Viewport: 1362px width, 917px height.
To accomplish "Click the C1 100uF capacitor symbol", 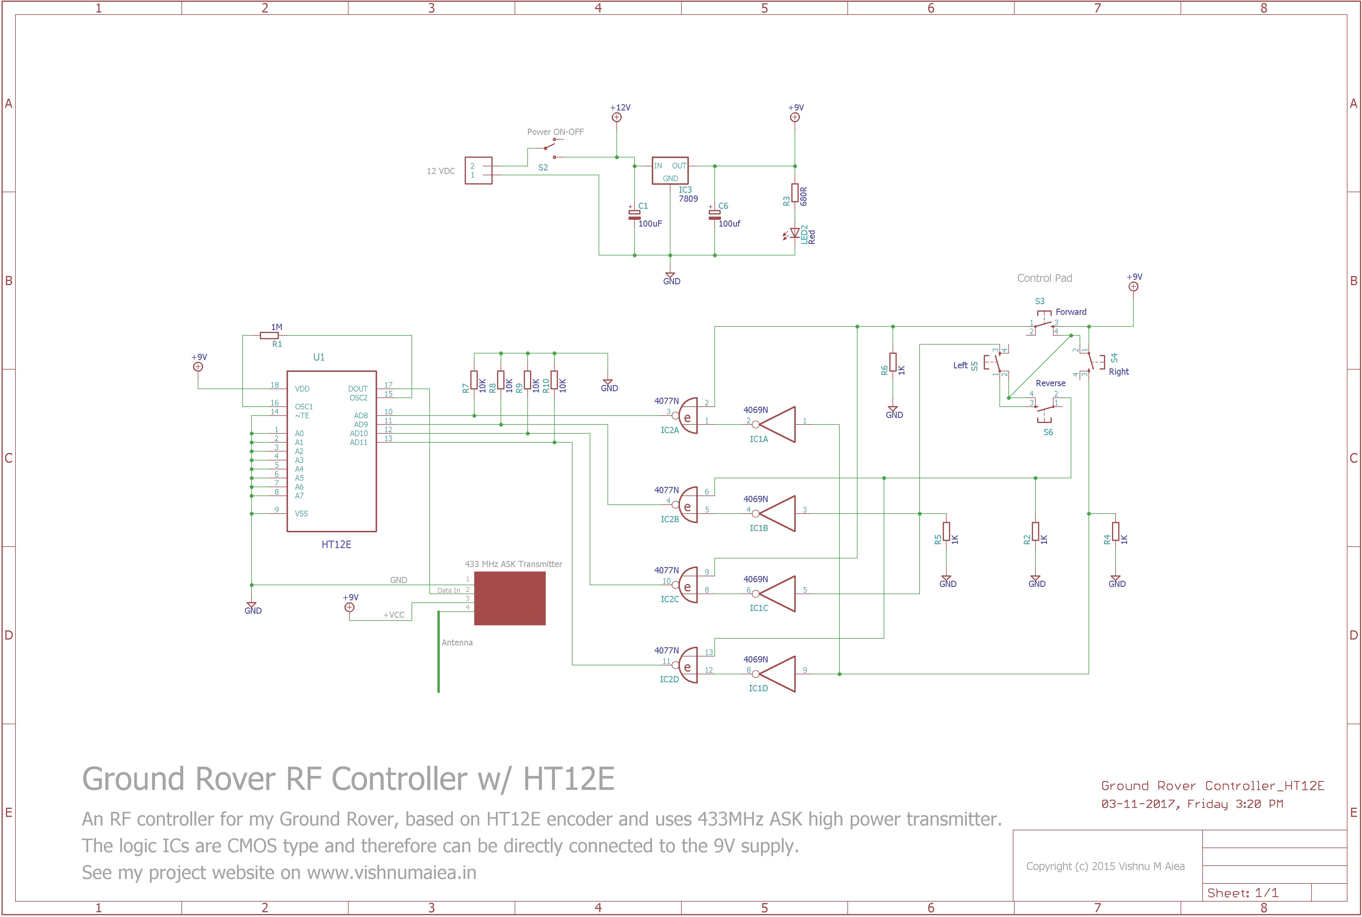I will (x=634, y=215).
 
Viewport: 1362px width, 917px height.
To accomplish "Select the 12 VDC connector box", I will (x=478, y=170).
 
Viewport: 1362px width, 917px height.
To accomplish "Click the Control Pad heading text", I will (x=1045, y=278).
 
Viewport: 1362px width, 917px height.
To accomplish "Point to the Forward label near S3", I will (x=1071, y=312).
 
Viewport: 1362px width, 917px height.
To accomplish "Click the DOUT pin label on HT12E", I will (x=358, y=389).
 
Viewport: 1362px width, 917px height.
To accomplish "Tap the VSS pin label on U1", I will (x=301, y=514).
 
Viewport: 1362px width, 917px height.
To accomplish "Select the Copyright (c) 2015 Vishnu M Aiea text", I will (x=1105, y=866).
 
